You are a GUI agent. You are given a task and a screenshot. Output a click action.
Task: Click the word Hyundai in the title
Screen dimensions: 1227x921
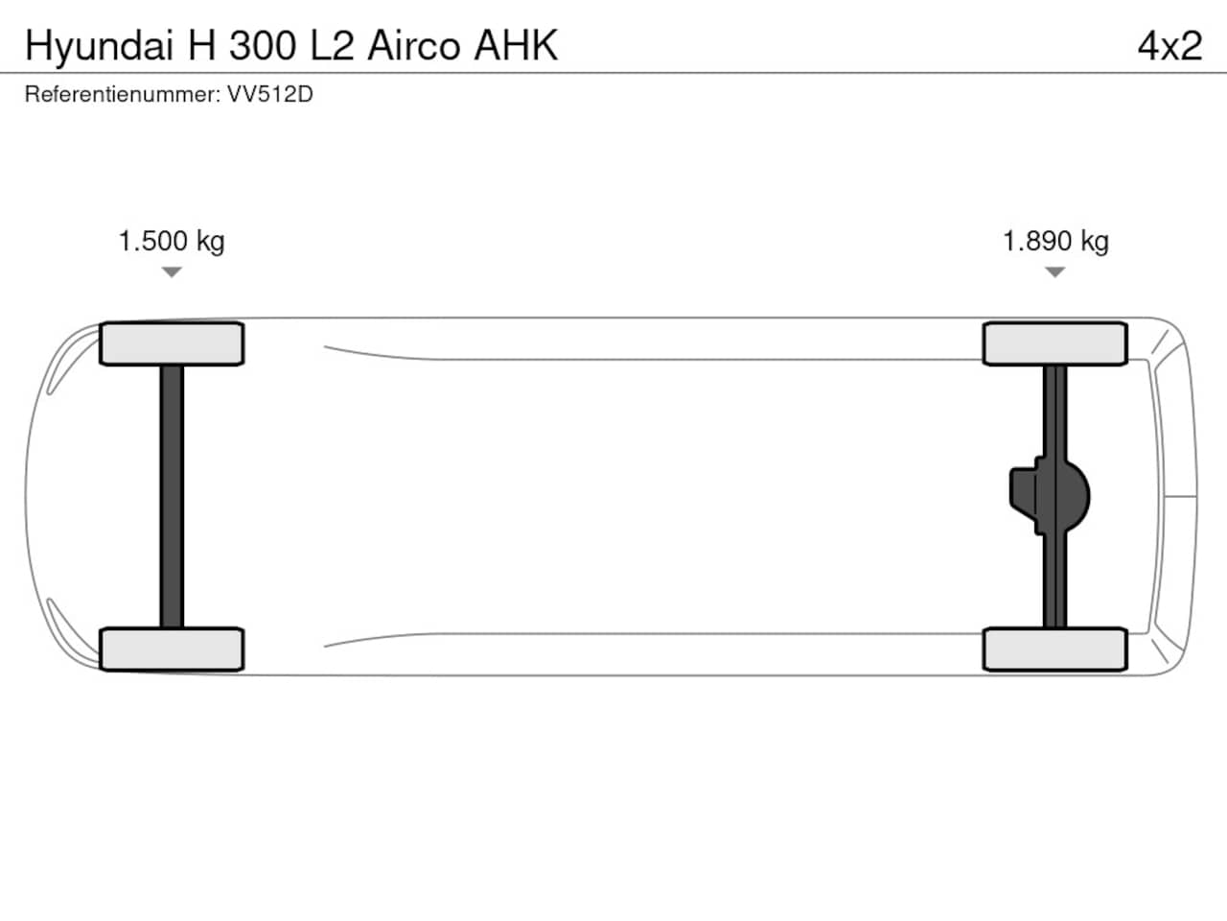pyautogui.click(x=99, y=47)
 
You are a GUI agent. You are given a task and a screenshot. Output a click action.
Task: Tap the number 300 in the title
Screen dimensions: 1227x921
pyautogui.click(x=262, y=46)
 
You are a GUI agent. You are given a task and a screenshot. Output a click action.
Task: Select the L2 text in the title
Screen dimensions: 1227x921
pyautogui.click(x=332, y=46)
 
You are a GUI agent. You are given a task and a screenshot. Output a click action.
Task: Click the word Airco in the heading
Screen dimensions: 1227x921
pyautogui.click(x=414, y=46)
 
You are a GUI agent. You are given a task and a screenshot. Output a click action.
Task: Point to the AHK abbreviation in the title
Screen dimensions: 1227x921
pyautogui.click(x=516, y=46)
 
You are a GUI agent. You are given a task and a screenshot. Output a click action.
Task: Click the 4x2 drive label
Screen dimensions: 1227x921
pyautogui.click(x=1170, y=46)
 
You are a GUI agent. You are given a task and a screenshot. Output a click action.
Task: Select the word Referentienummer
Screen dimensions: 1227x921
pyautogui.click(x=123, y=95)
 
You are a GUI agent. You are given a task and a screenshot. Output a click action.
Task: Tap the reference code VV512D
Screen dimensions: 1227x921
pyautogui.click(x=270, y=95)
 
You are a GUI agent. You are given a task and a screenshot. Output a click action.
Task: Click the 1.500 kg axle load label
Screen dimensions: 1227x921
pyautogui.click(x=172, y=242)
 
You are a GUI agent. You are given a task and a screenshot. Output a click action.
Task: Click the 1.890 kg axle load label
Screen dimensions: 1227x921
pyautogui.click(x=1055, y=242)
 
